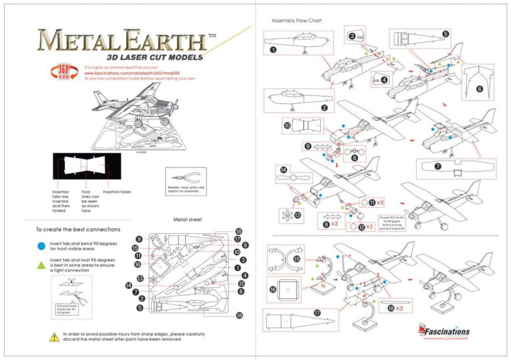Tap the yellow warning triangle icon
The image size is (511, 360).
click(x=55, y=337)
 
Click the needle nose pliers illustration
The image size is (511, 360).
click(x=186, y=177)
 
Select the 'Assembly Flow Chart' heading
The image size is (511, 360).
click(x=296, y=21)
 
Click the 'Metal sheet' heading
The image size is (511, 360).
click(x=187, y=219)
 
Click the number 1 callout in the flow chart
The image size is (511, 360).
click(x=274, y=49)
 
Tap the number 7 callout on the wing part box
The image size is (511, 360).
click(x=438, y=166)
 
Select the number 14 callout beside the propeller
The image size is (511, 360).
click(x=283, y=169)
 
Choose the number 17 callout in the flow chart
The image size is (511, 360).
click(x=317, y=312)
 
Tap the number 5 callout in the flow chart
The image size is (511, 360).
click(x=446, y=34)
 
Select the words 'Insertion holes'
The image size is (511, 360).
click(x=117, y=192)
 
